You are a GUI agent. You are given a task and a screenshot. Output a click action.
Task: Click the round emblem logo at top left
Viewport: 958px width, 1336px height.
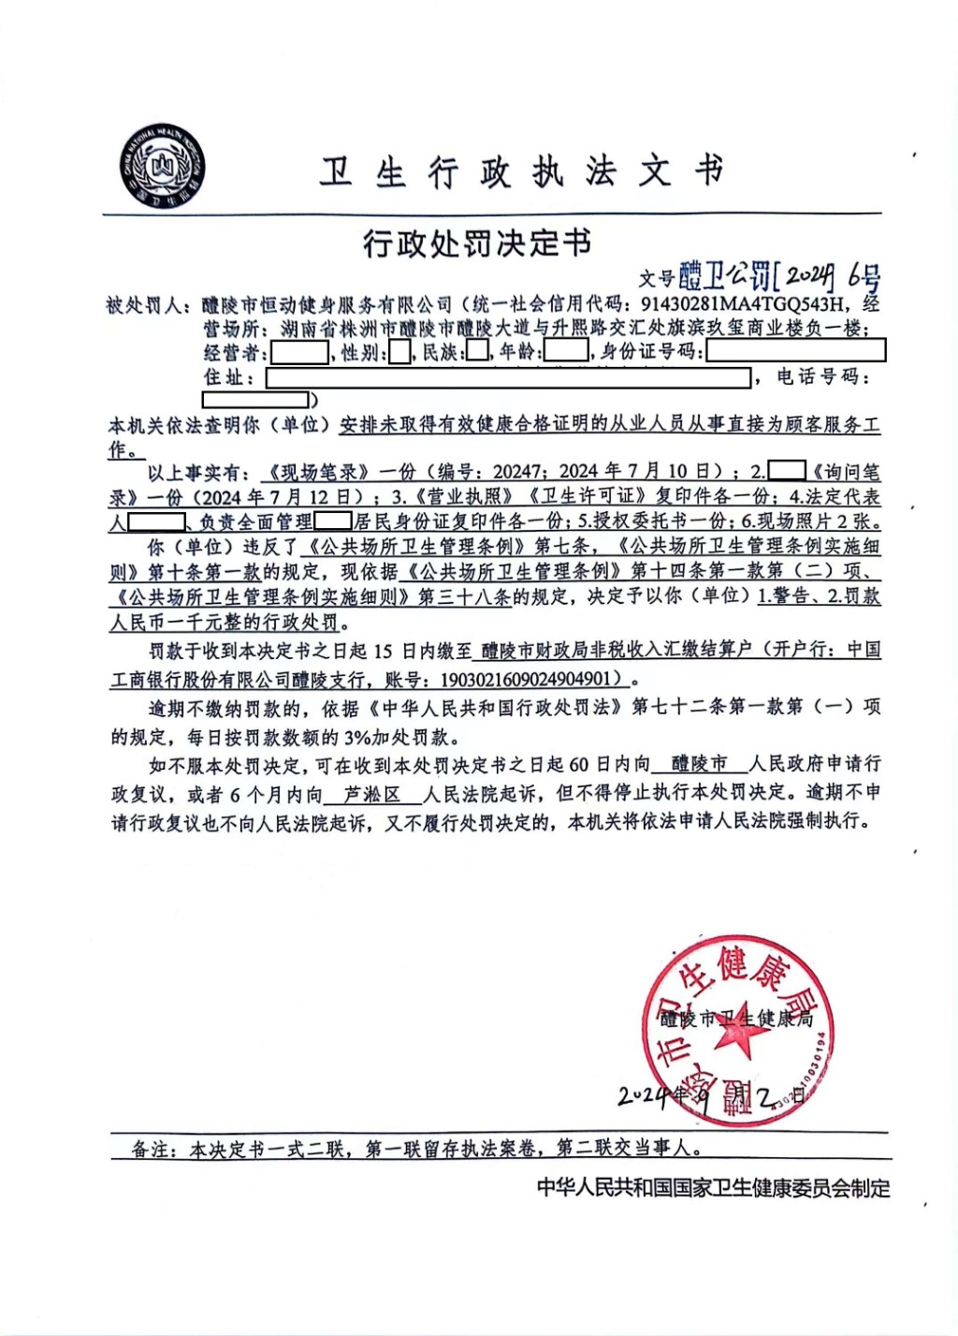[x=162, y=169]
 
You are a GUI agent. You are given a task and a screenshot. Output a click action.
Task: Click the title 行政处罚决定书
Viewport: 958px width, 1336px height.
[x=477, y=243]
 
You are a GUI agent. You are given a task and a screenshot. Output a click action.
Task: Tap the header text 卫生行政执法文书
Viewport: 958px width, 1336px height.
[x=521, y=172]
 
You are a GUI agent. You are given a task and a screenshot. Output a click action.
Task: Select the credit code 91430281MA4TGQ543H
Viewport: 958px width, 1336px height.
[x=744, y=304]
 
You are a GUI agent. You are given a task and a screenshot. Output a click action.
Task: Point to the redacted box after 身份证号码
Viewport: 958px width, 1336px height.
[x=795, y=352]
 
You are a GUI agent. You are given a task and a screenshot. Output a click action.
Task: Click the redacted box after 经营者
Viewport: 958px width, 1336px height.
[x=299, y=353]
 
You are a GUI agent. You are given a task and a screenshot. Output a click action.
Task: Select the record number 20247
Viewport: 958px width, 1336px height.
[x=516, y=472]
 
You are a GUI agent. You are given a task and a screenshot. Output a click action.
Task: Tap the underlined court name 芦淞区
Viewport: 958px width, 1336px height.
[x=371, y=794]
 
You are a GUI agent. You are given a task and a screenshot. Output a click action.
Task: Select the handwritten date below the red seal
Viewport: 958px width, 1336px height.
[x=711, y=1096]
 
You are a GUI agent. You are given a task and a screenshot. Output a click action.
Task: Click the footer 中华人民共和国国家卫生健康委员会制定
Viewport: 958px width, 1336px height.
[x=713, y=1188]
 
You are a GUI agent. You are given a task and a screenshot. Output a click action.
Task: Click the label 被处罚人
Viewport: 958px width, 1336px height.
[x=145, y=305]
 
